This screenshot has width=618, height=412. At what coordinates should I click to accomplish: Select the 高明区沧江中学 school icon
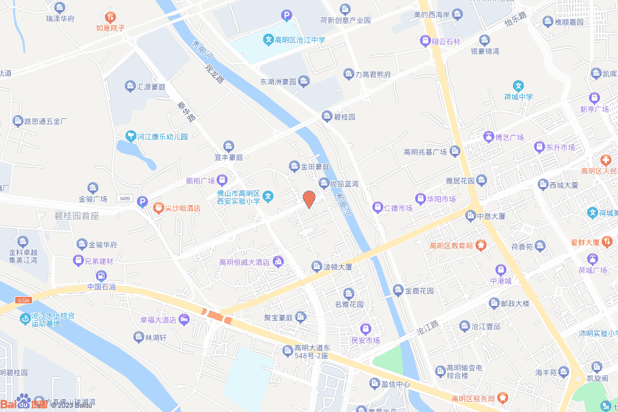(x=268, y=40)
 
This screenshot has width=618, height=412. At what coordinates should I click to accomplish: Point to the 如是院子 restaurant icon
(x=110, y=16)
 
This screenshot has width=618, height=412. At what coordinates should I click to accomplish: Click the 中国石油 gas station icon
(x=101, y=276)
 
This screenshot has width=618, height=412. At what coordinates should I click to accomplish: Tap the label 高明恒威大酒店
(x=244, y=262)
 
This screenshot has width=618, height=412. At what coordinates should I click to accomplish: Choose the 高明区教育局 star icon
(x=480, y=245)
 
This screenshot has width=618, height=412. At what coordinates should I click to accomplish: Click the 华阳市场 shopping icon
(x=420, y=198)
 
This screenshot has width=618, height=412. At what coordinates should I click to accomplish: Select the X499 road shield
(x=125, y=198)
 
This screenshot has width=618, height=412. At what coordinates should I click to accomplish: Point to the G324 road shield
(x=24, y=300)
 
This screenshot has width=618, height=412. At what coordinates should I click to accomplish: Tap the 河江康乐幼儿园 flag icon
(x=130, y=136)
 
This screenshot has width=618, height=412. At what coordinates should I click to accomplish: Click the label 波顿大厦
(x=338, y=266)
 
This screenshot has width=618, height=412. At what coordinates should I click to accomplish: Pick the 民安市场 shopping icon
(x=365, y=329)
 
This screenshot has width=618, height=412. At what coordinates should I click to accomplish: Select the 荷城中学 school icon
(x=518, y=86)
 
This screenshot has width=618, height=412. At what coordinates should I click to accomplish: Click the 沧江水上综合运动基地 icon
(x=25, y=317)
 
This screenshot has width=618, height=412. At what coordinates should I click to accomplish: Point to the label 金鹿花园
(x=419, y=291)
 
